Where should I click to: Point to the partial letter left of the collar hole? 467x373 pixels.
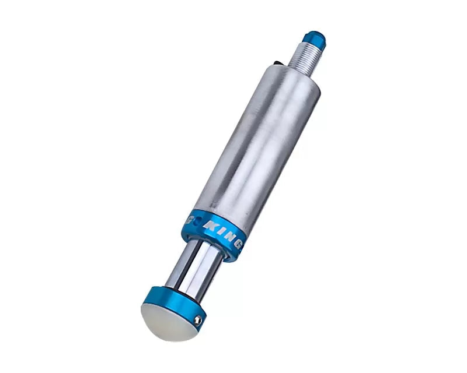tap(188, 219)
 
